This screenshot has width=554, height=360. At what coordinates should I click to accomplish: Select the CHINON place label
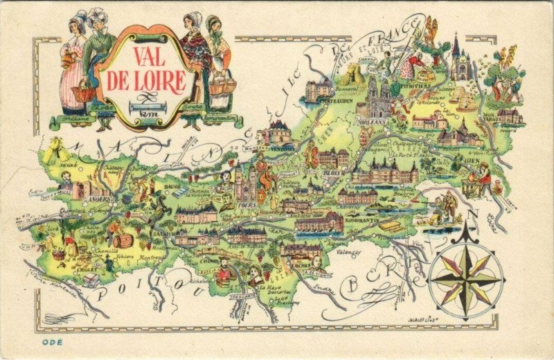pos(211,262)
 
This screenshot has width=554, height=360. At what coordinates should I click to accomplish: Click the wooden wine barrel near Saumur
pos(123,240)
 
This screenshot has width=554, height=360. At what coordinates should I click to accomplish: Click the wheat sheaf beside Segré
pos(53,147)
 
